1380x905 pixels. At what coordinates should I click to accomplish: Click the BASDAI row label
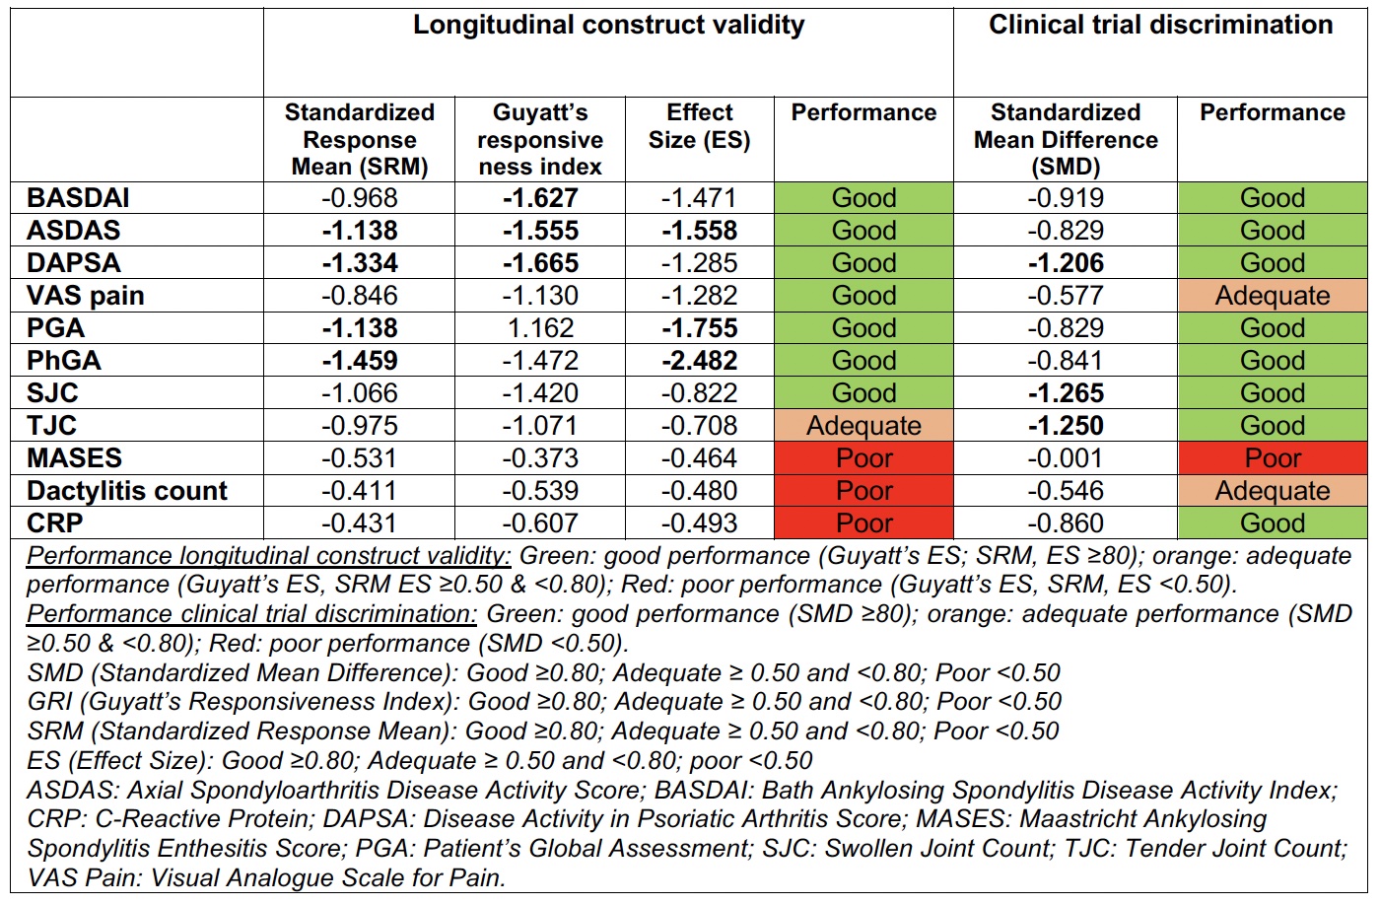click(79, 197)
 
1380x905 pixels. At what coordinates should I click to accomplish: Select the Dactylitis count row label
click(127, 491)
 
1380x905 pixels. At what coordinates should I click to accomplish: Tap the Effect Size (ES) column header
click(699, 126)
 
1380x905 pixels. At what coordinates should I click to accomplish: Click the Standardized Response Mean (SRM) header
click(360, 139)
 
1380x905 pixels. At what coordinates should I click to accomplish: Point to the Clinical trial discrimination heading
click(1160, 26)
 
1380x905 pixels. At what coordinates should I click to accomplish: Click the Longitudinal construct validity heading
click(608, 26)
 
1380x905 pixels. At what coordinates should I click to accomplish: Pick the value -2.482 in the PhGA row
click(699, 361)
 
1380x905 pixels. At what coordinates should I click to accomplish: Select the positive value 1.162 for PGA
click(539, 328)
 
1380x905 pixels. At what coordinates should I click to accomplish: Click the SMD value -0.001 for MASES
click(1066, 458)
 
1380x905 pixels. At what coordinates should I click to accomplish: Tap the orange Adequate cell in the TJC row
click(863, 426)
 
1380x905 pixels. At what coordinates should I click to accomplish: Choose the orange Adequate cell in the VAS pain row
click(1272, 296)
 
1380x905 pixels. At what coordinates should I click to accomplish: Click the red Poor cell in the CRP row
click(863, 523)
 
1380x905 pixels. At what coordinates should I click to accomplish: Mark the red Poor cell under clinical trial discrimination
click(1272, 458)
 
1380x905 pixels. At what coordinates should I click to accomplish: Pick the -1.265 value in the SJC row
click(1066, 393)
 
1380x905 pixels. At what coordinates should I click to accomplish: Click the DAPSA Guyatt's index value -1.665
click(539, 263)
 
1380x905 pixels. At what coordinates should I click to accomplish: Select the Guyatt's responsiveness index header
click(539, 139)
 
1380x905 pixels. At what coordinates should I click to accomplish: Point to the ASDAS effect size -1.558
click(699, 231)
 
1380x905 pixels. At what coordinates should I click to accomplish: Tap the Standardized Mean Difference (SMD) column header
click(1066, 139)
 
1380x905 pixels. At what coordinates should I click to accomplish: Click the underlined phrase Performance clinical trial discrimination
click(251, 614)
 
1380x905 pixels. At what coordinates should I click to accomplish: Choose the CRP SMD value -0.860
click(1066, 523)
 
